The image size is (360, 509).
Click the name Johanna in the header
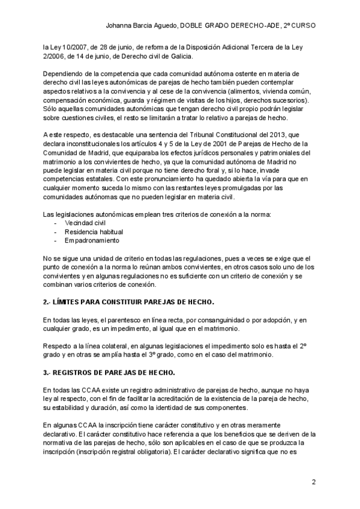click(119, 26)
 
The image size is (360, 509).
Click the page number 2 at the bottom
click(314, 483)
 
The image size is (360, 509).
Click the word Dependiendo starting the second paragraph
click(65, 74)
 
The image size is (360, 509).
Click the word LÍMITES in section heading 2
click(70, 301)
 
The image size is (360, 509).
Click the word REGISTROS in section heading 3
click(77, 372)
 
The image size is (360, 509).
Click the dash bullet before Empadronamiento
click(56, 240)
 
